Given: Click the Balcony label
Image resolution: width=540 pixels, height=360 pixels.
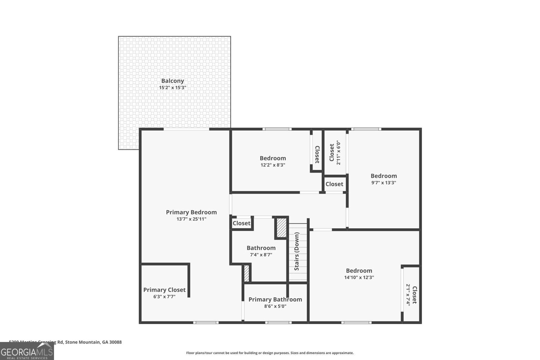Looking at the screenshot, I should click(172, 81).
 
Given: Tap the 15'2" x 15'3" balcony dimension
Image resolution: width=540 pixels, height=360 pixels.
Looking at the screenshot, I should click(172, 88).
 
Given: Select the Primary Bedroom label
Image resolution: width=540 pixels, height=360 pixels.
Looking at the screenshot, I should click(191, 212).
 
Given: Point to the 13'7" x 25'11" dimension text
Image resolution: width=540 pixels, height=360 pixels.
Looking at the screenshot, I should click(191, 219).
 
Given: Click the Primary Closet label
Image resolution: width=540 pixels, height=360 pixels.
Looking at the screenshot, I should click(164, 290).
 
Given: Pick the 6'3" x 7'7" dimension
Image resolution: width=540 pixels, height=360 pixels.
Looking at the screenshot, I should click(164, 297).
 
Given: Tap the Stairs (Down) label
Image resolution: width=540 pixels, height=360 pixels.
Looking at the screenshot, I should click(297, 251).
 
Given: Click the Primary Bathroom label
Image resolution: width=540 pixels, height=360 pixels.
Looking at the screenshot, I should click(275, 299).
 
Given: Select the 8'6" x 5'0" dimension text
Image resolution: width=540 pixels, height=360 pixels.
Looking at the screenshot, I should click(275, 306).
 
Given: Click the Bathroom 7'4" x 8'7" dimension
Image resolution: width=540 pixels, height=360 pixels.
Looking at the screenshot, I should click(261, 255).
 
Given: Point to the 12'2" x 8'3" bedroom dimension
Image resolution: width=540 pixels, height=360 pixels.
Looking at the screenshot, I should click(273, 165).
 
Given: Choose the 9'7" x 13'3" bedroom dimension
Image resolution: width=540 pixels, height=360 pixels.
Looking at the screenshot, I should click(383, 183).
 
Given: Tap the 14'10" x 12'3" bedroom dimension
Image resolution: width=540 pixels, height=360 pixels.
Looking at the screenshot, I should click(359, 277).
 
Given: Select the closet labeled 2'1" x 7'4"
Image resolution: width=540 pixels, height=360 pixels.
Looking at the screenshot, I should click(411, 295).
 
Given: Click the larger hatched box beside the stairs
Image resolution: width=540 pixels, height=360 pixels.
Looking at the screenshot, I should click(281, 228).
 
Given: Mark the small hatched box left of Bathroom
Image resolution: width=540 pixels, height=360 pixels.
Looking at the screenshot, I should click(246, 273).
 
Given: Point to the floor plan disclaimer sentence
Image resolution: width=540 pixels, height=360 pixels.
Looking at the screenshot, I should click(270, 353).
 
